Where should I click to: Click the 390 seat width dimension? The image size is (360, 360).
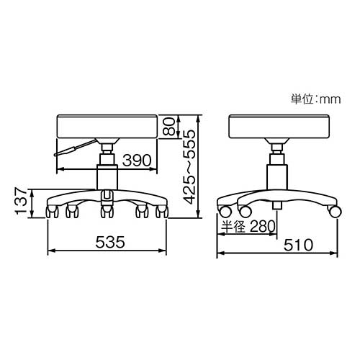pos(137,160)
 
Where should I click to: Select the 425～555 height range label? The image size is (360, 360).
pos(189,166)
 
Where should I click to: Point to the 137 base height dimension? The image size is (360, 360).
pos(21,201)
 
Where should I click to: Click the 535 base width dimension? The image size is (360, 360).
pos(110,242)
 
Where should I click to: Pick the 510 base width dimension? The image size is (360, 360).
pos(299,245)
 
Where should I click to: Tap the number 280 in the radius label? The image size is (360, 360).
pos(262,226)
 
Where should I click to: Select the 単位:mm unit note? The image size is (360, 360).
pos(316,99)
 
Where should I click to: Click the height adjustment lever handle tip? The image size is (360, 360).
pos(55,155)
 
